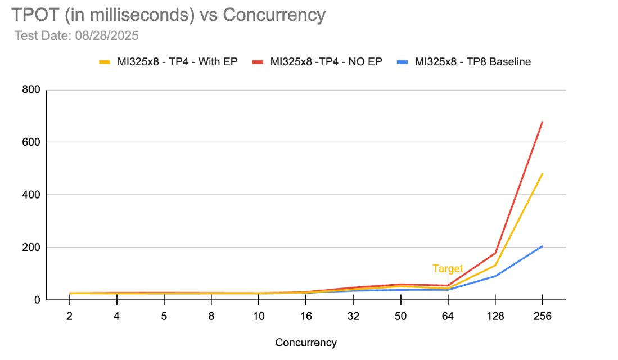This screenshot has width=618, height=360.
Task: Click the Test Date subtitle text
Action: coord(76,36)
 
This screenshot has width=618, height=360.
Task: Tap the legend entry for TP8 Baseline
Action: coord(472,62)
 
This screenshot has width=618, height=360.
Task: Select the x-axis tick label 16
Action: coord(306,316)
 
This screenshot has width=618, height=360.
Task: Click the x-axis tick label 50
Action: coord(400,316)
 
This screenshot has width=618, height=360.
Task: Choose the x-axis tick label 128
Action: coord(494,316)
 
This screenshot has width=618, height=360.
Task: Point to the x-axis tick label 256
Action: coord(542,316)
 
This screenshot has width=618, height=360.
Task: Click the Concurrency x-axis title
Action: coord(306,343)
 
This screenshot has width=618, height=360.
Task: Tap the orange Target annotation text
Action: coord(448,269)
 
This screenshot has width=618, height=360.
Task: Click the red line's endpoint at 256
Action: coord(542,121)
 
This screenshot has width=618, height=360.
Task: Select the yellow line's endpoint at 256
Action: coord(542,173)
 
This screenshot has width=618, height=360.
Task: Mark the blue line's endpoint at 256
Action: coord(542,246)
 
